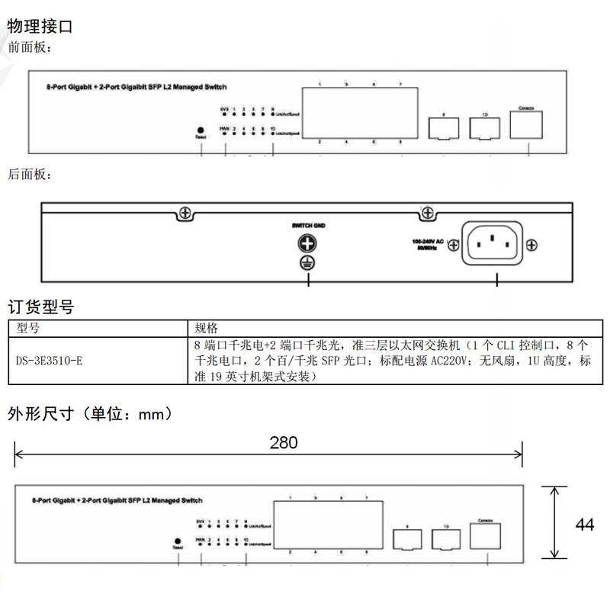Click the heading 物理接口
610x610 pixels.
tap(40, 27)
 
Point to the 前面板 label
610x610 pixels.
tap(30, 48)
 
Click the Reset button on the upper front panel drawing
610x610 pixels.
tap(201, 130)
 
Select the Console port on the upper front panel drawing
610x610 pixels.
tap(525, 125)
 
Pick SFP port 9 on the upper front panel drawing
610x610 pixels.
tap(442, 129)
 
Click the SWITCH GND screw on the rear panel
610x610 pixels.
tap(307, 244)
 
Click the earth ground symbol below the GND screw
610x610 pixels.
tap(307, 265)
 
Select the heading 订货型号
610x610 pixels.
tap(40, 308)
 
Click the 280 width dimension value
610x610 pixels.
tap(283, 442)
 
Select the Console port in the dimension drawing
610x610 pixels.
tap(484, 537)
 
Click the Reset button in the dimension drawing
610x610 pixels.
tap(177, 541)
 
